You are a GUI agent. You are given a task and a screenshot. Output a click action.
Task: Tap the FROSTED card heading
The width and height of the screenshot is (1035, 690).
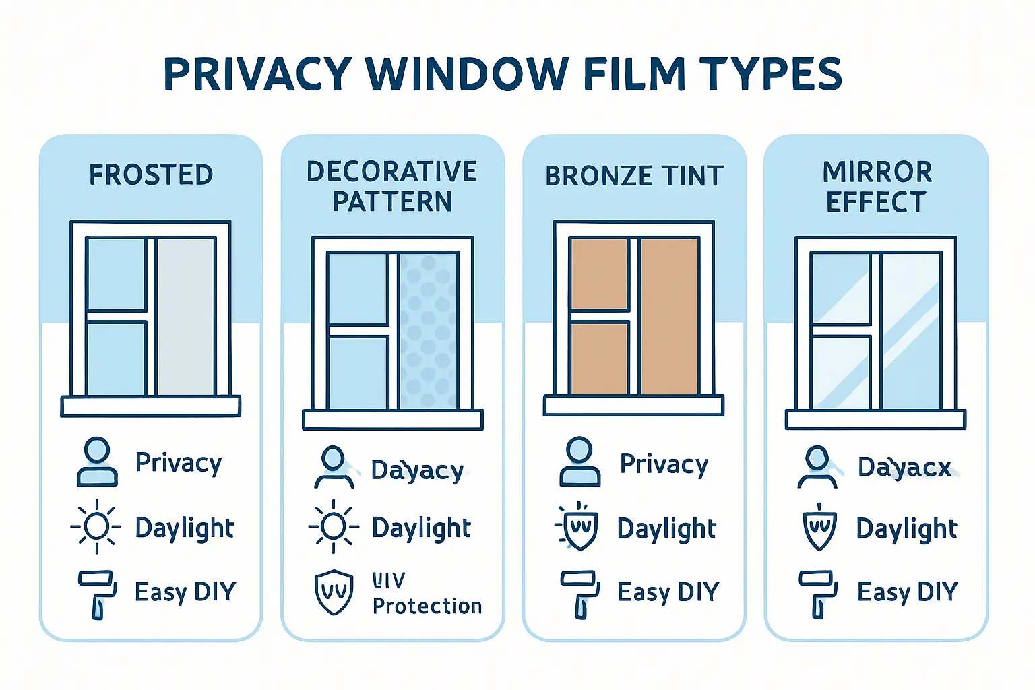click(151, 175)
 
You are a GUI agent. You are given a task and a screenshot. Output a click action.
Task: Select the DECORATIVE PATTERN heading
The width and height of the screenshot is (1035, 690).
click(392, 187)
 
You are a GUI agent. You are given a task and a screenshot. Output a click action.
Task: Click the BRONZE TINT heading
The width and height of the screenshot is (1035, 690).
click(634, 176)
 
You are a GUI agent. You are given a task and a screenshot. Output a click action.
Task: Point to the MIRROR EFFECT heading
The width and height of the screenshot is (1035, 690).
click(877, 187)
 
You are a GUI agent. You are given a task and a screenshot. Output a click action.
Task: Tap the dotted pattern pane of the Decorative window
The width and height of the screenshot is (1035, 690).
click(427, 331)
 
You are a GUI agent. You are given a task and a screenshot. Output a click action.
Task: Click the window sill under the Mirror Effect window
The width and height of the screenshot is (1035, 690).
click(875, 419)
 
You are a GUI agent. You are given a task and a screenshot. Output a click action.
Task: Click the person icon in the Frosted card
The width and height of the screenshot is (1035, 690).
click(97, 462)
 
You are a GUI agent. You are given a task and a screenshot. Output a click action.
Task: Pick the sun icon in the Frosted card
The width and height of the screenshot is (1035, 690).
click(96, 527)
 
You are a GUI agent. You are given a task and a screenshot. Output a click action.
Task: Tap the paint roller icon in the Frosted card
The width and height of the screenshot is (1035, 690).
click(97, 594)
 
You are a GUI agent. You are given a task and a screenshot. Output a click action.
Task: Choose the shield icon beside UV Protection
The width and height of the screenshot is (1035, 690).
click(334, 592)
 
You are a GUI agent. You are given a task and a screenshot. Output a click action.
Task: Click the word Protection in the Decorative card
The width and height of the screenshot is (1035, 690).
click(427, 606)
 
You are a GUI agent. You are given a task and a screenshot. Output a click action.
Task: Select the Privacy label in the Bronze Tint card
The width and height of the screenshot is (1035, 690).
click(664, 464)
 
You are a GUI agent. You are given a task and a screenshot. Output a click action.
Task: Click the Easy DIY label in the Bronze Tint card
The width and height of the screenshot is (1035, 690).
click(668, 592)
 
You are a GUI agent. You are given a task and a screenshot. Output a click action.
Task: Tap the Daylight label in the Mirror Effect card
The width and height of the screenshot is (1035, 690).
click(906, 529)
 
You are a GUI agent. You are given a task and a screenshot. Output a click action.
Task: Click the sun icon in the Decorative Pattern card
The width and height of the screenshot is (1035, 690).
click(334, 527)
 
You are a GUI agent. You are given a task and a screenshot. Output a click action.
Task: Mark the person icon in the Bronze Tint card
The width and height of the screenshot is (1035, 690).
click(579, 462)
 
